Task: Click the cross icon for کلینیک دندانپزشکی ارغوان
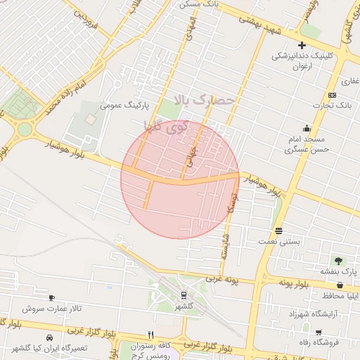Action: point(302,46)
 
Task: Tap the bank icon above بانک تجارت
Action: point(332,96)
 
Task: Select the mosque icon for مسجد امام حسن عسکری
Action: point(307,128)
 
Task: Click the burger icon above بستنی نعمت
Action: point(279,231)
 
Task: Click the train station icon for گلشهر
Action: point(184,296)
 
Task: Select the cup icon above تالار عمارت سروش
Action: point(51,298)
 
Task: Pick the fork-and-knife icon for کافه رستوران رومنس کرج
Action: point(150,335)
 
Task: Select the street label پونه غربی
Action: point(223,279)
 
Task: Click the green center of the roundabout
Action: point(25,129)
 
